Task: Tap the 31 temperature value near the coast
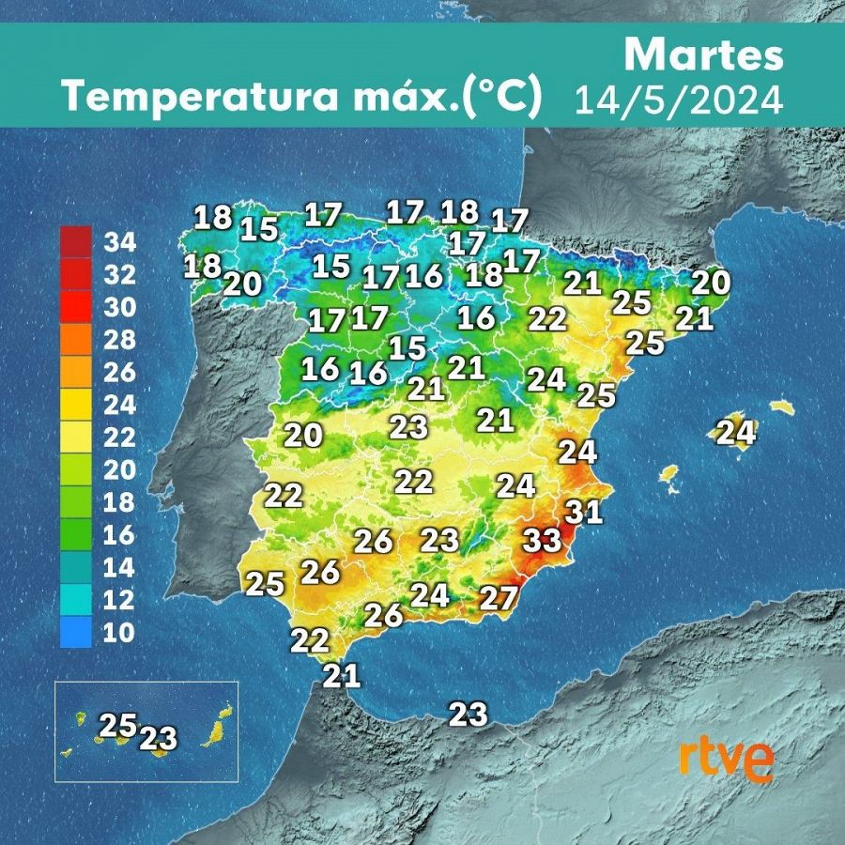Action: [x=584, y=512]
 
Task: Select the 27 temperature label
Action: [x=499, y=597]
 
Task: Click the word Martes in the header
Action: [x=703, y=55]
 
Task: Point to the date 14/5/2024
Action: [x=679, y=99]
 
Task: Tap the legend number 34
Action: [x=120, y=243]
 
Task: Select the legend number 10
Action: [x=119, y=633]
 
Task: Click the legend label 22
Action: [x=120, y=438]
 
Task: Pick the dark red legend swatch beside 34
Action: [x=75, y=241]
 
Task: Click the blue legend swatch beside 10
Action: [x=75, y=632]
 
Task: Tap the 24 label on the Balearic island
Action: [x=736, y=433]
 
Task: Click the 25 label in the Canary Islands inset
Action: [x=118, y=726]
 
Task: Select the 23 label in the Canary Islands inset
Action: [x=158, y=738]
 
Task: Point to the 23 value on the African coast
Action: [x=469, y=714]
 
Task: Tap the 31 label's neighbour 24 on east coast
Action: [x=577, y=452]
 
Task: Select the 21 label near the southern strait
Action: [x=342, y=675]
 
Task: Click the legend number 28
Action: [x=120, y=341]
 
